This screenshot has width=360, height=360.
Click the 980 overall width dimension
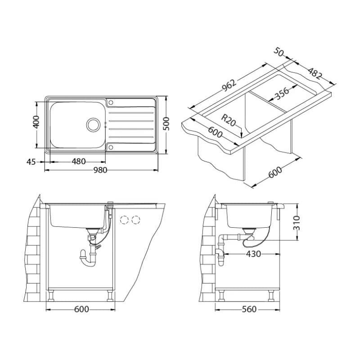click(100, 170)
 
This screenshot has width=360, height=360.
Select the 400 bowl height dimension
click(36, 122)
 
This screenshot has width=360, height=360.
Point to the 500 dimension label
click(166, 124)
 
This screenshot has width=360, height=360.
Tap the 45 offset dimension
click(31, 162)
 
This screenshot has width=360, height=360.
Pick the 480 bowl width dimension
click(78, 162)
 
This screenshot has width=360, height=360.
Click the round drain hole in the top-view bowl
click(93, 125)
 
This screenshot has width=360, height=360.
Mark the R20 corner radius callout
click(228, 120)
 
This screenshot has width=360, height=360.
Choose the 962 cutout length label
click(229, 85)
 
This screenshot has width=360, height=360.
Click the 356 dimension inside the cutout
click(282, 94)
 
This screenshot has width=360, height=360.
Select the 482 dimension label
click(315, 73)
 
